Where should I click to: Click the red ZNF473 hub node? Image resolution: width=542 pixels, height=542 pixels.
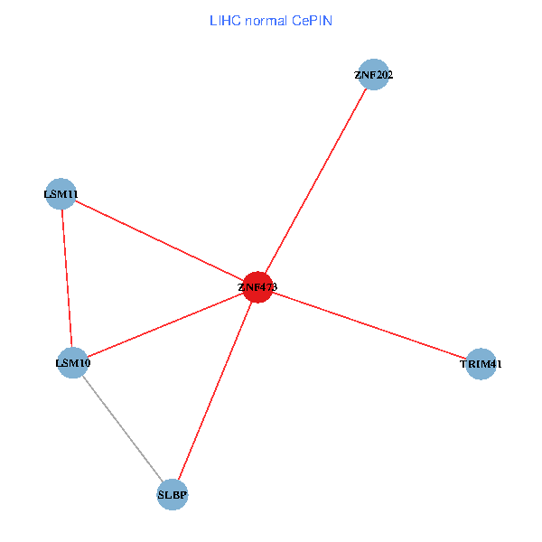[x=257, y=287]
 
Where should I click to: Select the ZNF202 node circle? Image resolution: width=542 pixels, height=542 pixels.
[x=373, y=75]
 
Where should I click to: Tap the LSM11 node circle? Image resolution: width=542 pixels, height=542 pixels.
[x=60, y=193]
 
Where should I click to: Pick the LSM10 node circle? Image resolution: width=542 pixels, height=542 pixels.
[x=72, y=363]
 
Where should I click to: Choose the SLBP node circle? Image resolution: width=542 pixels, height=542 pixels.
[x=173, y=495]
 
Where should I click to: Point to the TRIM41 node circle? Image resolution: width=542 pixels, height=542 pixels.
[x=481, y=364]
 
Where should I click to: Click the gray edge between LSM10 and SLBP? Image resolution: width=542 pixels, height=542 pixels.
[x=122, y=429]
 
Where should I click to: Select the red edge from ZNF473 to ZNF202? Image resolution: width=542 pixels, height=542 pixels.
[x=315, y=181]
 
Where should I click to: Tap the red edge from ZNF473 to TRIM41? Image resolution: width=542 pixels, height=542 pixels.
[x=369, y=325]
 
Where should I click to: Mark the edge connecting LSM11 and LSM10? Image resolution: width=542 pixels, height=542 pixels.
[x=66, y=278]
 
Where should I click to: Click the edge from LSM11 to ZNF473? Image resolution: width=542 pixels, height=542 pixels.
[x=158, y=240]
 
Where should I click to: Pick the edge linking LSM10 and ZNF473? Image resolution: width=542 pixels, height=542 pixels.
[x=164, y=325]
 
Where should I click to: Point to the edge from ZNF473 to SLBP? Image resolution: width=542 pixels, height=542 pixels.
[x=215, y=391]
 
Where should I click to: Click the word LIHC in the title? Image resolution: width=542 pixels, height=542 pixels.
[x=226, y=20]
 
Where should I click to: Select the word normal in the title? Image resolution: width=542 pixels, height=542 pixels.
[x=266, y=20]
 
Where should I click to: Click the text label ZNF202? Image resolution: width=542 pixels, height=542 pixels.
[x=373, y=75]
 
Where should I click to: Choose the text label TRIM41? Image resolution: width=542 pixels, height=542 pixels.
[x=481, y=365]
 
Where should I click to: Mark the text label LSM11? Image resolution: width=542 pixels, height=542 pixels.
[x=61, y=194]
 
